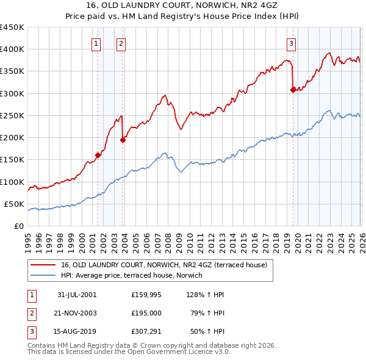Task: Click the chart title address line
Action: click(x=183, y=5)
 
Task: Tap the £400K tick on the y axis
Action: click(x=13, y=49)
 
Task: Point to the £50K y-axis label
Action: click(x=15, y=204)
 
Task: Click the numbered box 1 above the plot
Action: click(x=96, y=43)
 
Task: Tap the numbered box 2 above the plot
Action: click(x=121, y=43)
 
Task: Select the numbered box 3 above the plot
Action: click(x=291, y=43)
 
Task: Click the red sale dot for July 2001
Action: click(x=98, y=155)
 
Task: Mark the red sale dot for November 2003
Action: click(x=123, y=140)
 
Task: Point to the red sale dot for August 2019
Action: click(x=293, y=90)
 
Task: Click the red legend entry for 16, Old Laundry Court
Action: click(x=159, y=265)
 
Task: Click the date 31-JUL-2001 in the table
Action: click(x=77, y=295)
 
